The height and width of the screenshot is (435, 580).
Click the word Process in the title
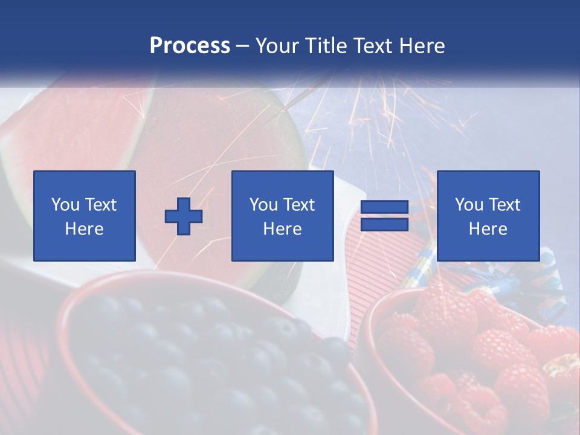(x=190, y=46)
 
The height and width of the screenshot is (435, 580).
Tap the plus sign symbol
(x=184, y=216)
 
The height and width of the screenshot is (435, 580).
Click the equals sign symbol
(x=384, y=216)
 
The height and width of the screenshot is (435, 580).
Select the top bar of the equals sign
(x=384, y=208)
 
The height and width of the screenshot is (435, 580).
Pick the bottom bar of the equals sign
(x=384, y=225)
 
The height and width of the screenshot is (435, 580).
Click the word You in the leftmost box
(x=65, y=205)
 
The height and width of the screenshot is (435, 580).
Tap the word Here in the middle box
(x=282, y=229)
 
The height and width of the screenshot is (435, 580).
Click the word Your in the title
(x=278, y=46)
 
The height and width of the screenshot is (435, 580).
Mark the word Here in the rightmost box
(x=488, y=229)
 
